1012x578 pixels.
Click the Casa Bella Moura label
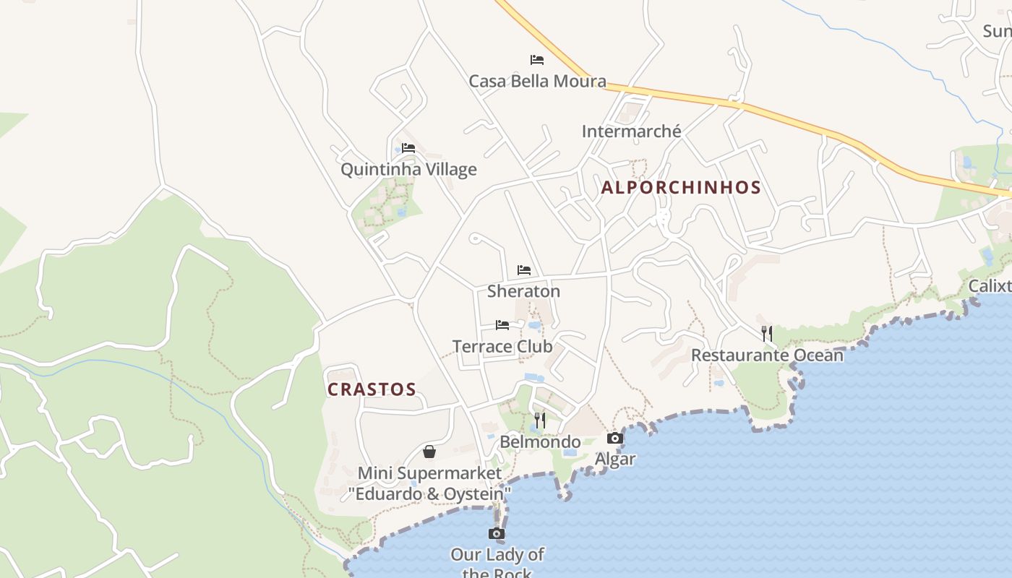tap(537, 81)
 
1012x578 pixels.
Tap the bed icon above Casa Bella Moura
tap(537, 60)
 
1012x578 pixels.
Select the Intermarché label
tap(632, 131)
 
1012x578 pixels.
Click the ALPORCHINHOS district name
tap(681, 188)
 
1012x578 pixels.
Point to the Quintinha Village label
tap(408, 170)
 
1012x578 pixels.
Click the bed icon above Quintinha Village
tap(408, 148)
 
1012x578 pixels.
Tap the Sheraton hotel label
tap(523, 291)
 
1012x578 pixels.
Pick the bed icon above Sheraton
tap(524, 270)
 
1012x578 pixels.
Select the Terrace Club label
tap(502, 347)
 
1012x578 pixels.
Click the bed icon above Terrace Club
tap(502, 325)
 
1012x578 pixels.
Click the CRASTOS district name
tap(372, 389)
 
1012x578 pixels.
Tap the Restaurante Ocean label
tap(767, 355)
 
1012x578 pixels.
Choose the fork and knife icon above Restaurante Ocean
tap(767, 334)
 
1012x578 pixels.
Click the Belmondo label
tap(540, 442)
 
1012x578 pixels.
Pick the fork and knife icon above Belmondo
tap(540, 420)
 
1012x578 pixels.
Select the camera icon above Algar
tap(615, 439)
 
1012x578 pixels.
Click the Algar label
tap(615, 460)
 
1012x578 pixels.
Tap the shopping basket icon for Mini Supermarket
tap(429, 452)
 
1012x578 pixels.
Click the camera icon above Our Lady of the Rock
tap(497, 534)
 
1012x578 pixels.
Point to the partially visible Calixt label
tap(990, 286)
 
